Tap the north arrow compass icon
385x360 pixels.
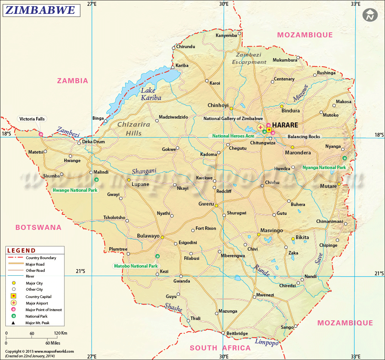(x=370, y=16)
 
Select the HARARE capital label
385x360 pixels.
(x=285, y=125)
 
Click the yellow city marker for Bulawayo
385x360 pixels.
(x=162, y=237)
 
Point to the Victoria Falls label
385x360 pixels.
(x=32, y=119)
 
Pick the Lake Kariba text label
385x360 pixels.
(x=150, y=94)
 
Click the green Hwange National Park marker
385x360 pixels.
(x=96, y=180)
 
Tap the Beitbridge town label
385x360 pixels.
(x=237, y=333)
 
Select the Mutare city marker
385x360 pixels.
(x=339, y=184)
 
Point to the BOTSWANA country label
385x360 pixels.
(x=38, y=228)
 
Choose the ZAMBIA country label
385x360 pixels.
(x=73, y=81)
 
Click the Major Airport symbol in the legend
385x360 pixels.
(x=13, y=303)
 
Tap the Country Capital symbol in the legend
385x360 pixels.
(x=13, y=296)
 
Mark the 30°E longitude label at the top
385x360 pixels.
(x=224, y=4)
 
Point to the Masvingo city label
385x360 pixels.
(x=271, y=231)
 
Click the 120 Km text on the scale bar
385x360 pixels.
(x=60, y=333)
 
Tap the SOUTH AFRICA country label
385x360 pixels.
(x=220, y=348)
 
